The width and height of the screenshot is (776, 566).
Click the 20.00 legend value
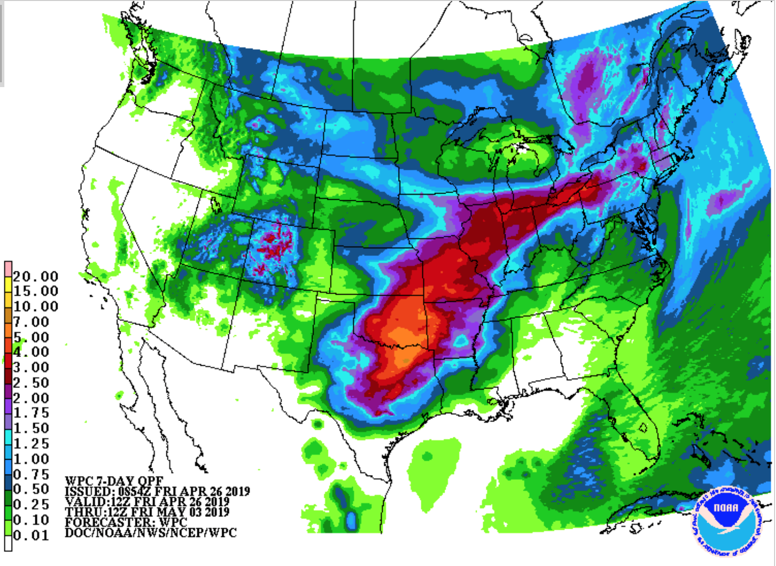coord(35,276)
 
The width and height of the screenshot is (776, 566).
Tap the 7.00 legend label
coord(31,322)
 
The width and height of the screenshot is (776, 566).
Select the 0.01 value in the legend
coord(31,536)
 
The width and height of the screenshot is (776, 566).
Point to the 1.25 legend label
coord(31,444)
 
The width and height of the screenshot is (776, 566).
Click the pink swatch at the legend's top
coord(8,268)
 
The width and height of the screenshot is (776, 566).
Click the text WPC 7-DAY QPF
coord(114,481)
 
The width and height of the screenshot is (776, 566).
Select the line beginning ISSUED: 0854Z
coord(157,492)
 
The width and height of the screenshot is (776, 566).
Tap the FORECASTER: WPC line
coord(126,522)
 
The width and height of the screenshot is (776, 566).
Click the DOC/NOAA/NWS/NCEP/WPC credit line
coord(150,533)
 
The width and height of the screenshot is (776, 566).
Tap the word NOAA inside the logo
coord(726,507)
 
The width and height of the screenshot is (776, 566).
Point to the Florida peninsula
coord(639,426)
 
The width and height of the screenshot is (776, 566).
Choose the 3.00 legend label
coord(31,367)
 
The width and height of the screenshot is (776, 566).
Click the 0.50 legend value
coord(31,489)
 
